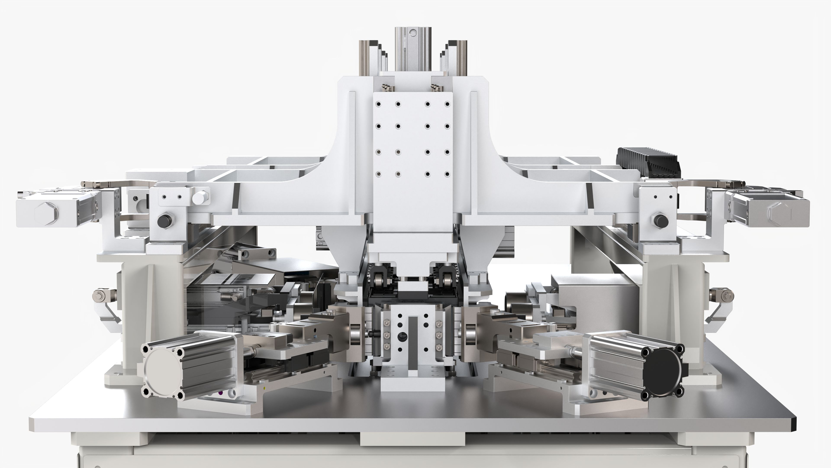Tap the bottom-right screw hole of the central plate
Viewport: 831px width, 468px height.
(447, 174)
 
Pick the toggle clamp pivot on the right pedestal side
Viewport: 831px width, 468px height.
(722, 295)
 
